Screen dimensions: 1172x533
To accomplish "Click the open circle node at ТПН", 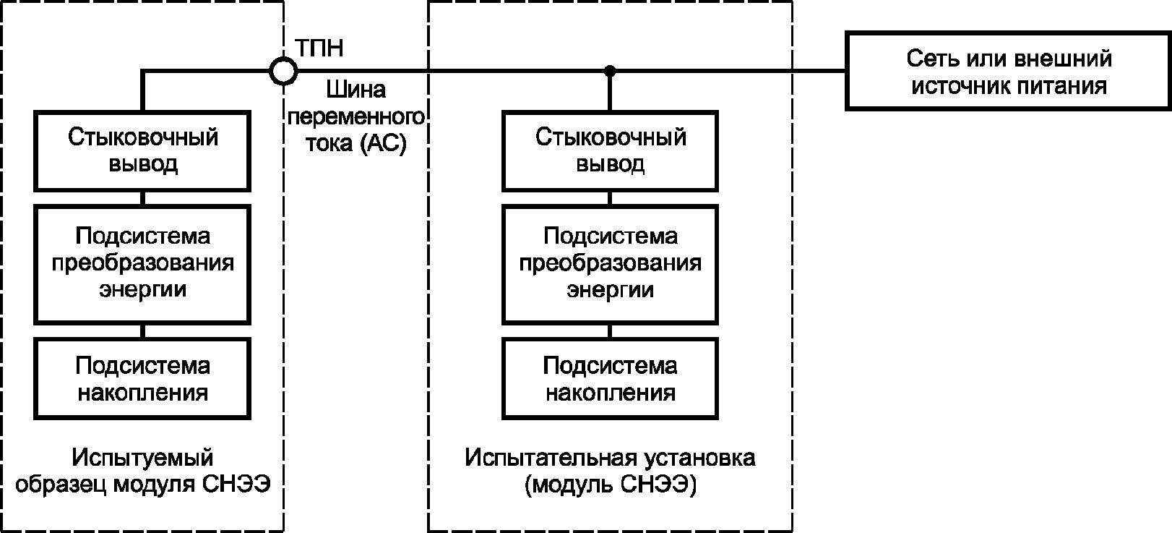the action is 283,58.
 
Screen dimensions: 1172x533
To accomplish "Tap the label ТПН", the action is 319,48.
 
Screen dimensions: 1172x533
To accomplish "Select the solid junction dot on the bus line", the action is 610,71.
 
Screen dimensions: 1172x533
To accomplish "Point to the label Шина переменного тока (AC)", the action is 356,116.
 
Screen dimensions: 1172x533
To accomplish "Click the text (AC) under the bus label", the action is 384,143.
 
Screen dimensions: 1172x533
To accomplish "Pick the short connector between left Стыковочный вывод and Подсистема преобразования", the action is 142,198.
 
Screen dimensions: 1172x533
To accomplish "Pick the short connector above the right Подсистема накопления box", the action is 610,331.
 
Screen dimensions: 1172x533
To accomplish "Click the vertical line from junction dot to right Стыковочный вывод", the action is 610,90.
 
